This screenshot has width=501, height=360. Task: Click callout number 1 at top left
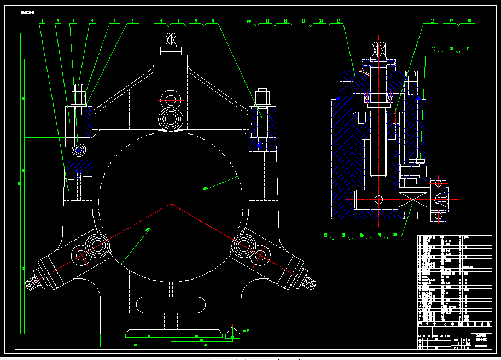pyautogui.click(x=42, y=21)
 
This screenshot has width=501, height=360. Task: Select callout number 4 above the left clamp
pyautogui.click(x=92, y=21)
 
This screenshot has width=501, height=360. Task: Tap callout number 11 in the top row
pyautogui.click(x=267, y=21)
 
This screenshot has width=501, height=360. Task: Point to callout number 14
pyautogui.click(x=321, y=21)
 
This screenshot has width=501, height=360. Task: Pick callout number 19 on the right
pyautogui.click(x=433, y=49)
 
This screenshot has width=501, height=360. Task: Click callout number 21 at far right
pyautogui.click(x=468, y=49)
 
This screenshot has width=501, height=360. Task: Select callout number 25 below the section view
pyautogui.click(x=379, y=235)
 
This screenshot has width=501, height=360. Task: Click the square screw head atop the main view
pyautogui.click(x=171, y=40)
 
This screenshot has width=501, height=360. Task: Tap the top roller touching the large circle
pyautogui.click(x=171, y=119)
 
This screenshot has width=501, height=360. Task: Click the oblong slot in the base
pyautogui.click(x=171, y=304)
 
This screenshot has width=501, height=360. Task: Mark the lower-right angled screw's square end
pyautogui.click(x=309, y=283)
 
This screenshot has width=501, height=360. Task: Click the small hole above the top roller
pyautogui.click(x=171, y=100)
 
